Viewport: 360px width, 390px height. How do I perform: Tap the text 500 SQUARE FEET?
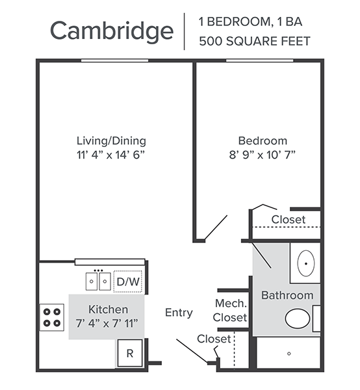[x=255, y=41]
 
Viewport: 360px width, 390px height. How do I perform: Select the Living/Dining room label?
[x=111, y=141]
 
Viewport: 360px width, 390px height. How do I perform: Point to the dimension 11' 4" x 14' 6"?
[x=110, y=155]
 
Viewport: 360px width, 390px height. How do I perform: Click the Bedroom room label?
[x=263, y=141]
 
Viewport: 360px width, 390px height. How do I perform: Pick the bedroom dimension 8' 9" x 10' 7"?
[x=263, y=155]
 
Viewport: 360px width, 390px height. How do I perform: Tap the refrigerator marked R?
[x=130, y=353]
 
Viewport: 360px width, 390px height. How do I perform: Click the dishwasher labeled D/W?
[x=128, y=281]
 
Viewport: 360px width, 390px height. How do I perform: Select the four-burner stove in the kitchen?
[x=52, y=317]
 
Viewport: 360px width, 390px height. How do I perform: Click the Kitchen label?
[x=109, y=309]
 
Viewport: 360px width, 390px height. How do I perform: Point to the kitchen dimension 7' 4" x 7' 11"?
[x=107, y=324]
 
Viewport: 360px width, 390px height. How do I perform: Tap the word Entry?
[x=179, y=313]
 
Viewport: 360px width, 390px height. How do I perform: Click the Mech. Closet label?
[x=231, y=311]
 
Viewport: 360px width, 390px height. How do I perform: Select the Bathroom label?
[x=287, y=296]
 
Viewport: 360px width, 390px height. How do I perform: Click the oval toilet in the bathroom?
[x=298, y=318]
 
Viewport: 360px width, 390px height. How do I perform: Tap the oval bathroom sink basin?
[x=306, y=263]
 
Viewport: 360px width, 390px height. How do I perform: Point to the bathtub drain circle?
[x=289, y=354]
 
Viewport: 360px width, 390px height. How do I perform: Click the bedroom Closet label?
[x=289, y=220]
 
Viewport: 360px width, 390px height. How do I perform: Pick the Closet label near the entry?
[x=214, y=339]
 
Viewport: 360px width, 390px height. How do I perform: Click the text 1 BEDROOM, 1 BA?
[x=251, y=22]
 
